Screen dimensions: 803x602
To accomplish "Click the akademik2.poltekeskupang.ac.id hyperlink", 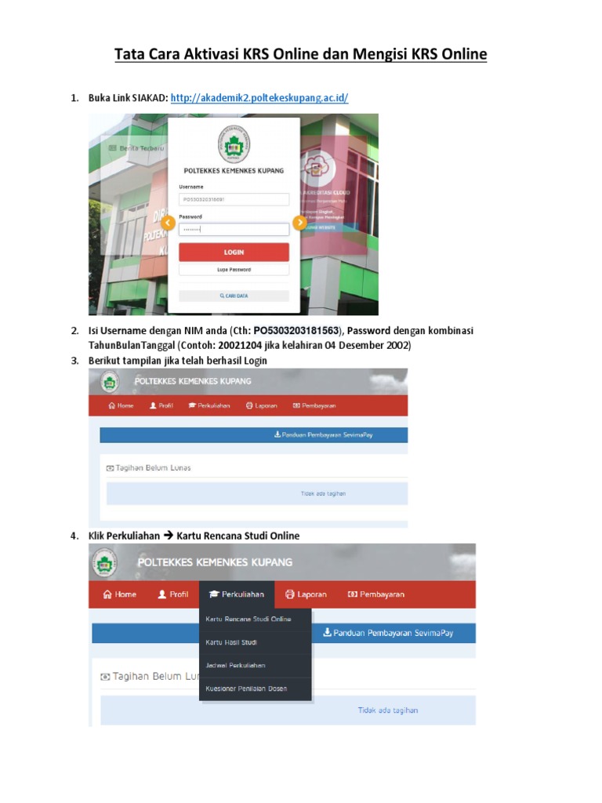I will (x=259, y=98).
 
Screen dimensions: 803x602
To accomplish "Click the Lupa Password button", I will (x=234, y=269).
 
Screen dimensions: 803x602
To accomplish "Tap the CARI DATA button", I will (x=234, y=296).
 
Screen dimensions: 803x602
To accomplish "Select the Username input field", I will (x=234, y=200).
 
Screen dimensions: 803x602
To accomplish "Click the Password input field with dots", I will (x=234, y=229).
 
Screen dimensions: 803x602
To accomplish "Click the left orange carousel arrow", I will (x=167, y=223).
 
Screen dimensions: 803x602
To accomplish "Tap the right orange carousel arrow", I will (x=299, y=223).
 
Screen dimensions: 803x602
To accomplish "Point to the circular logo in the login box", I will (x=234, y=146).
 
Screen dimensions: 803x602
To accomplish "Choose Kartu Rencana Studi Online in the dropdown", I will (x=248, y=620).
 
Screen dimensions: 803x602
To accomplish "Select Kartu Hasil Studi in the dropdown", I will (x=231, y=642).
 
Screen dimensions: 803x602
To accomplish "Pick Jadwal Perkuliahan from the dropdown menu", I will (x=235, y=665).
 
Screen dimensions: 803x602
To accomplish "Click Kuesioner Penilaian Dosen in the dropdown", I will (x=246, y=689).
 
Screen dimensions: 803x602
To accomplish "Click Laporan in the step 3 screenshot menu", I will (x=262, y=405).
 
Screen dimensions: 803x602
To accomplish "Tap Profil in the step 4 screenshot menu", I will (x=173, y=594).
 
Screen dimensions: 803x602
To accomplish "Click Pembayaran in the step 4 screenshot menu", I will (x=376, y=594).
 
